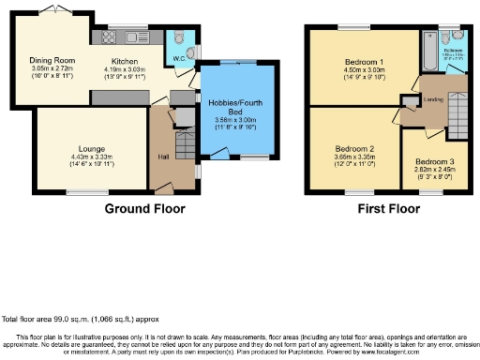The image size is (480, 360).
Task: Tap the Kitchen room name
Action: [x=125, y=61]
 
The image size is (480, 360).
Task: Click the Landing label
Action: [x=433, y=99]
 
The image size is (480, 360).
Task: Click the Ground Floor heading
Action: [x=143, y=209]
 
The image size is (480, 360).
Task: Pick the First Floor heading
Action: [x=387, y=209]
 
